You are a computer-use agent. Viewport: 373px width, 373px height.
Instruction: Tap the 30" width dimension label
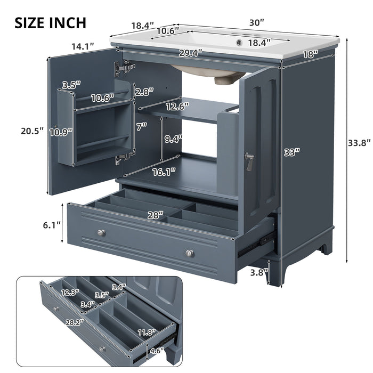pos(256,22)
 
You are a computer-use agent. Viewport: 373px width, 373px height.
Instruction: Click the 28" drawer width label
pos(155,215)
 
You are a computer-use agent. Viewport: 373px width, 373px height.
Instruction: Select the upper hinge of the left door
pos(124,67)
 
